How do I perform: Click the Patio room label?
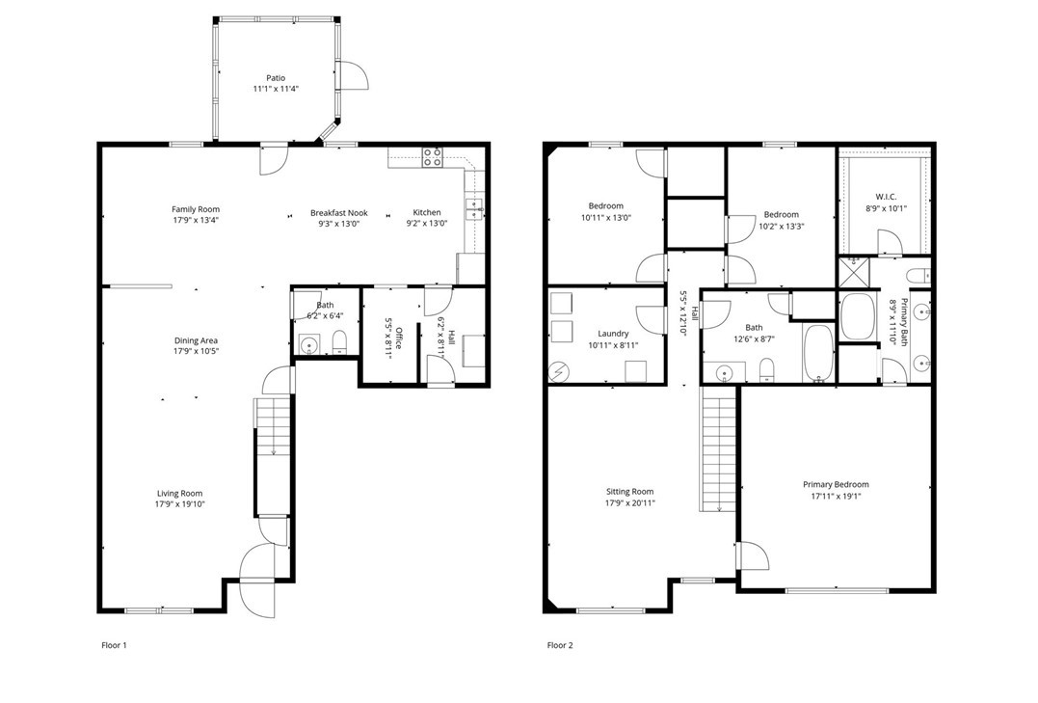tap(276, 78)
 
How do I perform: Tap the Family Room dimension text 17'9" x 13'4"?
tap(196, 220)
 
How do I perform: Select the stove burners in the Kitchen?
tap(433, 156)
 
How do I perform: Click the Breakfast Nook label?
tap(339, 213)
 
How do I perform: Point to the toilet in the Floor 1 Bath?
tap(339, 342)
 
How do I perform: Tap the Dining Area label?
tap(196, 340)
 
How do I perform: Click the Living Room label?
tap(180, 493)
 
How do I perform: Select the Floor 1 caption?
tap(114, 645)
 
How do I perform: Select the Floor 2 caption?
tap(560, 645)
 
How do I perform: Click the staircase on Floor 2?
tap(718, 449)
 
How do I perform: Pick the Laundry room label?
tap(613, 334)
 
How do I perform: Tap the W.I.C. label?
tap(886, 197)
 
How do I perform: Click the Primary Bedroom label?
tap(837, 484)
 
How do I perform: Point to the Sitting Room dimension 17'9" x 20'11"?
tap(630, 502)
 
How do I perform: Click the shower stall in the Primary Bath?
tap(854, 273)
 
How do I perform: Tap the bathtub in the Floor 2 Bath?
tap(819, 353)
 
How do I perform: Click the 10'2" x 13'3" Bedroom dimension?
tap(781, 226)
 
